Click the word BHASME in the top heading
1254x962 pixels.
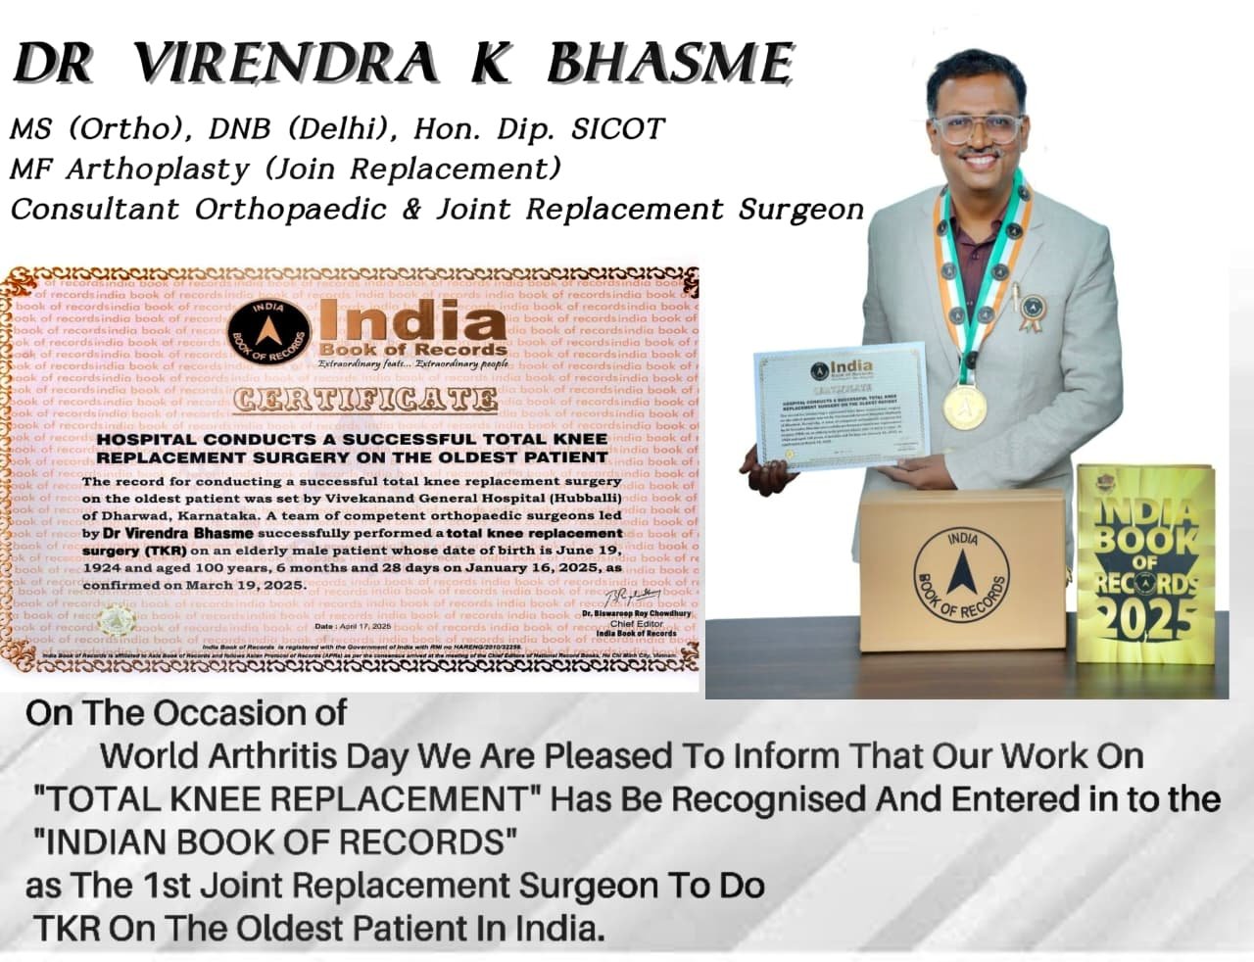[x=669, y=65]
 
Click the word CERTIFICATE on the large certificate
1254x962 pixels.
[x=364, y=400]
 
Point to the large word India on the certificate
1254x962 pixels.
[x=411, y=324]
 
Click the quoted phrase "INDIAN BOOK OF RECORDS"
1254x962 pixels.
[x=275, y=842]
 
